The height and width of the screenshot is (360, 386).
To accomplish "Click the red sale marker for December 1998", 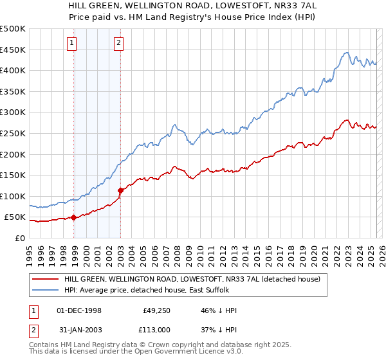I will (73, 217).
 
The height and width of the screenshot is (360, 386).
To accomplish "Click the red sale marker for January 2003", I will (120, 190).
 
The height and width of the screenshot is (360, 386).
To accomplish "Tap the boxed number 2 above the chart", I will (119, 44).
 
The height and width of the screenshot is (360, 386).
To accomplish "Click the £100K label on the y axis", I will (13, 196).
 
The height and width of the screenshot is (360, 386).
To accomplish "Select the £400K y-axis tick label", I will (13, 70).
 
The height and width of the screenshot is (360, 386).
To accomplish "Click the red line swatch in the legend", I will (44, 279).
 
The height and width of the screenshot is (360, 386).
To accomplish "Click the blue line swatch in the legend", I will (44, 290).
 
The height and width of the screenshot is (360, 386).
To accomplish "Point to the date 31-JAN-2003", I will (80, 330).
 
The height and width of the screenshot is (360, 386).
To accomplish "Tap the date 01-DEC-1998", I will (80, 310).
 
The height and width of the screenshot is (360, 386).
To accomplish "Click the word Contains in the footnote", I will (44, 346).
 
